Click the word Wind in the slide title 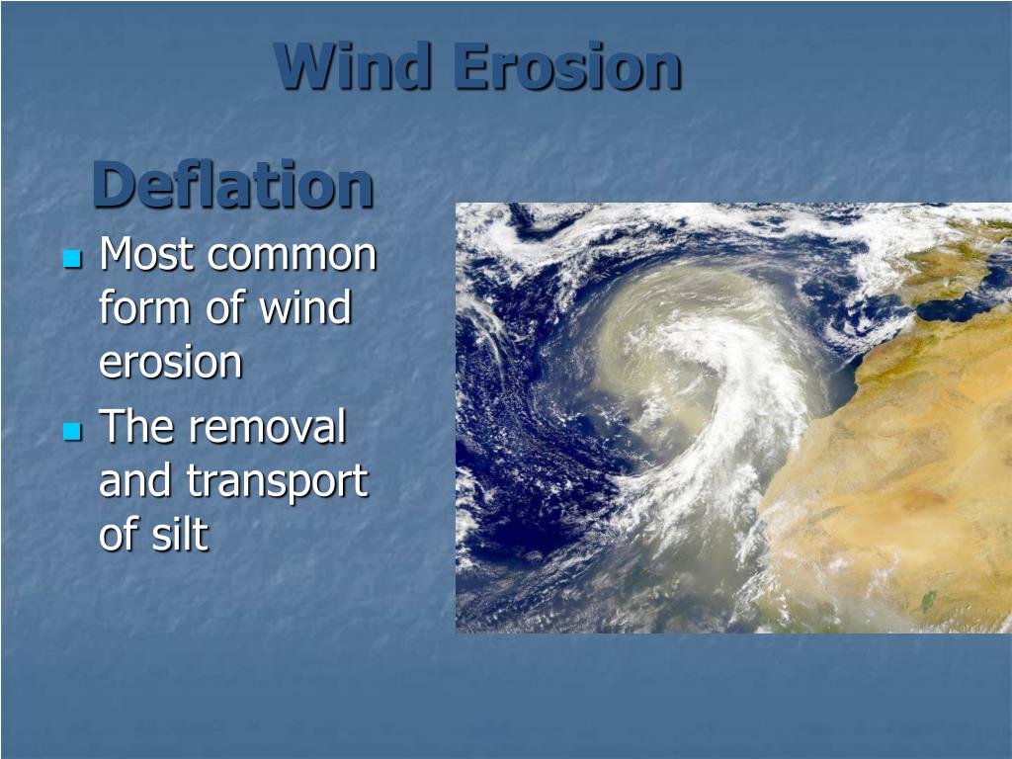[x=353, y=67]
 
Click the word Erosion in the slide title [x=567, y=67]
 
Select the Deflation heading [x=233, y=185]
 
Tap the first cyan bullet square [x=71, y=259]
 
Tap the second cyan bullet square [x=71, y=432]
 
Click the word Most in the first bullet [x=147, y=255]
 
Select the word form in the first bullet [x=146, y=308]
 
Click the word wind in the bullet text [x=305, y=308]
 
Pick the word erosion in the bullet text [x=170, y=363]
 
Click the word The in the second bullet [x=138, y=428]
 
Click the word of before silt [x=119, y=535]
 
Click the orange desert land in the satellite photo [x=909, y=494]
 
